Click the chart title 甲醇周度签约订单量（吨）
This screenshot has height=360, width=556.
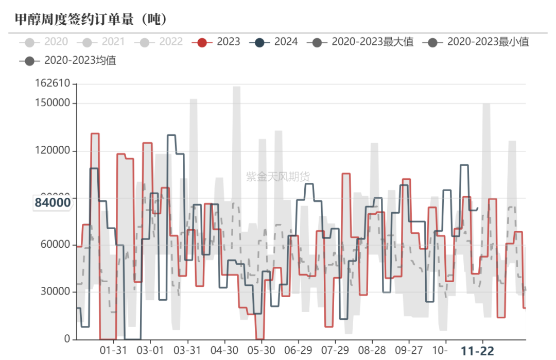click(91, 19)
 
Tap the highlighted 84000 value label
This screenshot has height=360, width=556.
click(53, 202)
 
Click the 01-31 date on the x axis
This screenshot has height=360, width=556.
click(113, 351)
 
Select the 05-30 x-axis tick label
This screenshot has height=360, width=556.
click(261, 351)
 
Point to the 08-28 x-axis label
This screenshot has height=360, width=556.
click(372, 351)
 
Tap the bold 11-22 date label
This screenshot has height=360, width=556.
click(477, 351)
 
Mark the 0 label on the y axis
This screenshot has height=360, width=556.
click(67, 339)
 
